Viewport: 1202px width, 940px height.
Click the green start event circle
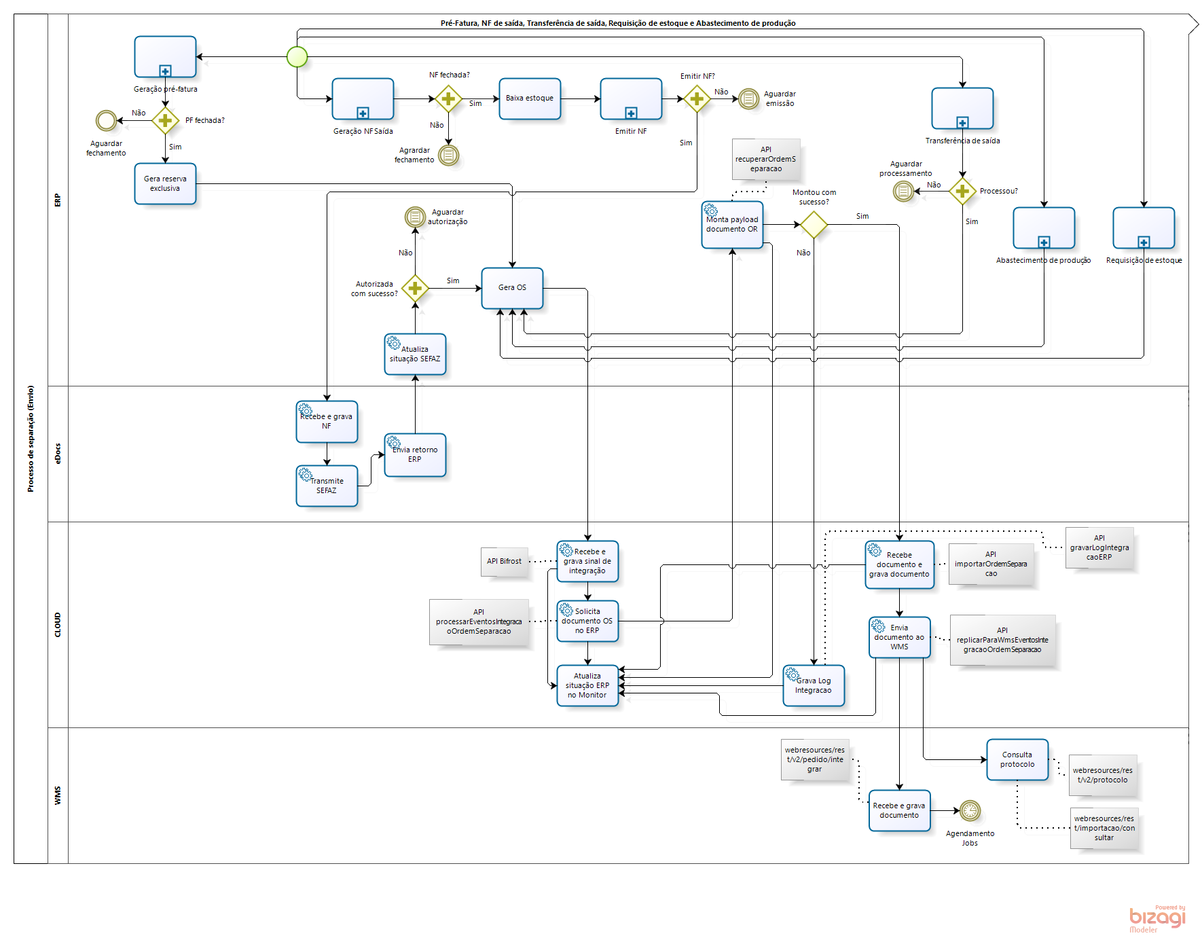coord(297,57)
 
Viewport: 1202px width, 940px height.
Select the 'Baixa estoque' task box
coord(530,98)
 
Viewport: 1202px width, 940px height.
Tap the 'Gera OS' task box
coord(512,288)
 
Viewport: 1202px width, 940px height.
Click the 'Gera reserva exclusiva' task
coord(165,183)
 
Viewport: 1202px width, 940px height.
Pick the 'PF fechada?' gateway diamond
coord(165,121)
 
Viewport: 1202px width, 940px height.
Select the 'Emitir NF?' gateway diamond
coord(697,99)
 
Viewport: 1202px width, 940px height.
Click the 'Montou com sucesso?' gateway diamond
coord(814,225)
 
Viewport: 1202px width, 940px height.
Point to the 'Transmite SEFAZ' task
coord(327,486)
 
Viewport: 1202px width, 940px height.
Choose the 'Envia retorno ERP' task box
coord(415,455)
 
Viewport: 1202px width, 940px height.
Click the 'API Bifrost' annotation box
coord(504,562)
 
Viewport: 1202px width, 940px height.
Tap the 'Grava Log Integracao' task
coord(814,685)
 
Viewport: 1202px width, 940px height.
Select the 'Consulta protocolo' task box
coord(1017,759)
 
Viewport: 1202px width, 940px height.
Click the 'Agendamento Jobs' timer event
coord(970,810)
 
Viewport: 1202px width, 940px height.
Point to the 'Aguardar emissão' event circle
coord(748,99)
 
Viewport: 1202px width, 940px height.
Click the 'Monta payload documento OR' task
coord(732,225)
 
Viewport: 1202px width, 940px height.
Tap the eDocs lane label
coord(58,454)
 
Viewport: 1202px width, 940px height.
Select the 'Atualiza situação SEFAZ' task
coord(415,354)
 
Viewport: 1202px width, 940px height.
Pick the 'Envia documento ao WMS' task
coord(899,637)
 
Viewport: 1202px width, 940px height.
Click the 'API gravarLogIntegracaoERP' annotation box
coord(1099,547)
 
